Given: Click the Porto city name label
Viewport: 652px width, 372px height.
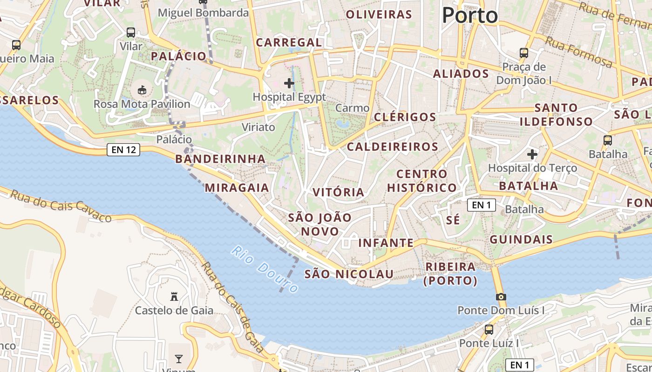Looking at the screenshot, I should coord(469,16).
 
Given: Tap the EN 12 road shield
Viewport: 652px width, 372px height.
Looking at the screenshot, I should coord(123,150).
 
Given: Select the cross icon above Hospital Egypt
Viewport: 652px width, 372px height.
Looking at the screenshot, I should coord(289,84).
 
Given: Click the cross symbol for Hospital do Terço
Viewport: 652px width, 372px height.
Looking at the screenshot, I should coord(532,154).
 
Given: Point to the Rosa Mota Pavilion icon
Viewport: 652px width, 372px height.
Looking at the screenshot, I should coord(142,90).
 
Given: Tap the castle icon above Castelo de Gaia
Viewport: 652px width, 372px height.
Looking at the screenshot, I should coord(174,296).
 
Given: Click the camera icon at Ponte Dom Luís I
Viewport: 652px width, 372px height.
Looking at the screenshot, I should coord(501,297).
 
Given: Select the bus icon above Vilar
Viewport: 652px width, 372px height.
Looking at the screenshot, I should coord(131,33).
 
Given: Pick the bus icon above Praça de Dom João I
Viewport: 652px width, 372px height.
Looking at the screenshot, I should coord(524,53).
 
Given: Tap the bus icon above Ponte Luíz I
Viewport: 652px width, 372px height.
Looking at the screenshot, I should coord(489,330).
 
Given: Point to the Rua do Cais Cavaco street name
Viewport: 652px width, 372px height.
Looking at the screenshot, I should coord(61,206).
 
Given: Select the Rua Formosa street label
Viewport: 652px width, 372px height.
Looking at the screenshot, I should coord(579,52).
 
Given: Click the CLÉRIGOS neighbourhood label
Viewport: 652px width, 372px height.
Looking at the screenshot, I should coord(405,117).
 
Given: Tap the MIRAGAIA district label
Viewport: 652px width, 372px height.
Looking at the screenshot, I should coord(237,188).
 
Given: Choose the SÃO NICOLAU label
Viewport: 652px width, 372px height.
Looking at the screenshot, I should coord(349,274).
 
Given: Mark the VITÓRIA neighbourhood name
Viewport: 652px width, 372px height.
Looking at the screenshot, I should coord(338,193).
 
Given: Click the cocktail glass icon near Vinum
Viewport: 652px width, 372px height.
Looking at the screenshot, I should coord(178,359).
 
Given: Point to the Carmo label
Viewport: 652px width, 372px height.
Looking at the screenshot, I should coord(352,108).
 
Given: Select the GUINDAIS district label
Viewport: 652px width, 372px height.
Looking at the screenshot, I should coord(521,240).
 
